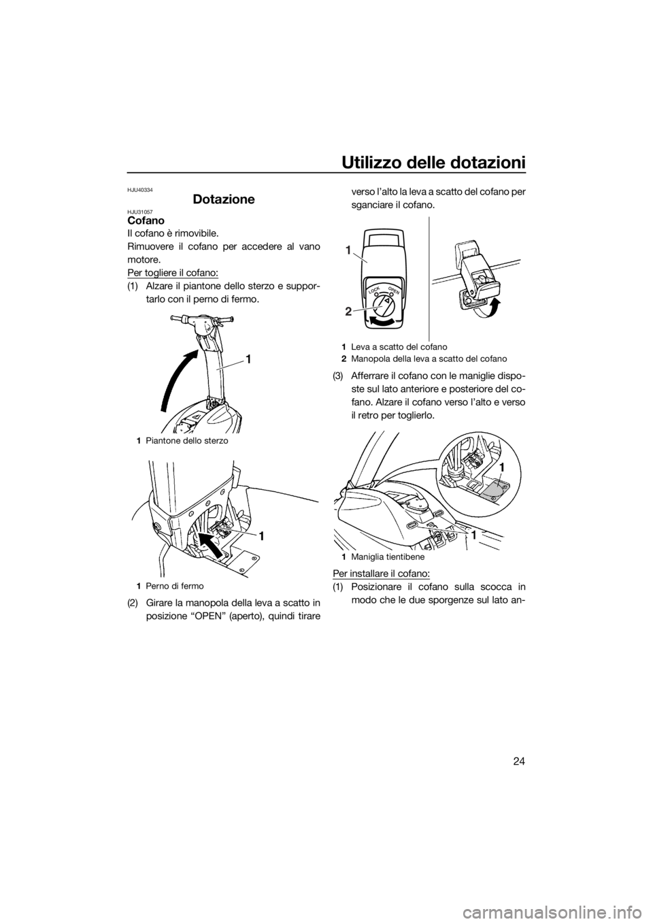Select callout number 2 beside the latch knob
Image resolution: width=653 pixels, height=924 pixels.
pos(349,311)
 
